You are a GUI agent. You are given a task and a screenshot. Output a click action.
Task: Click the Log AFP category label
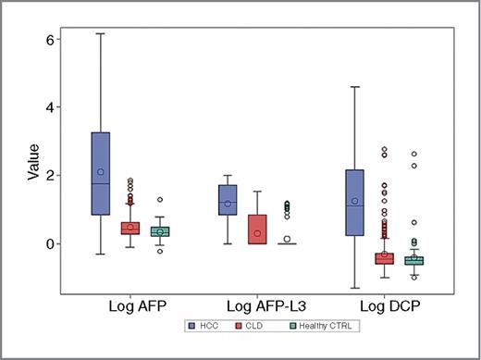[x=130, y=304]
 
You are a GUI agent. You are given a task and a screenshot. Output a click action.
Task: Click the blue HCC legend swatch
[x=191, y=327]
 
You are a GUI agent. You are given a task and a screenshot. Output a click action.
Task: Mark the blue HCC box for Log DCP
[x=355, y=203]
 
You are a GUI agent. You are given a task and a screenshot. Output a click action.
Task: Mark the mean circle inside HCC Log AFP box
[x=101, y=172]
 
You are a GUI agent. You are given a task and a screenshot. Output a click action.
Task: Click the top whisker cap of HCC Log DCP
[x=355, y=87]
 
